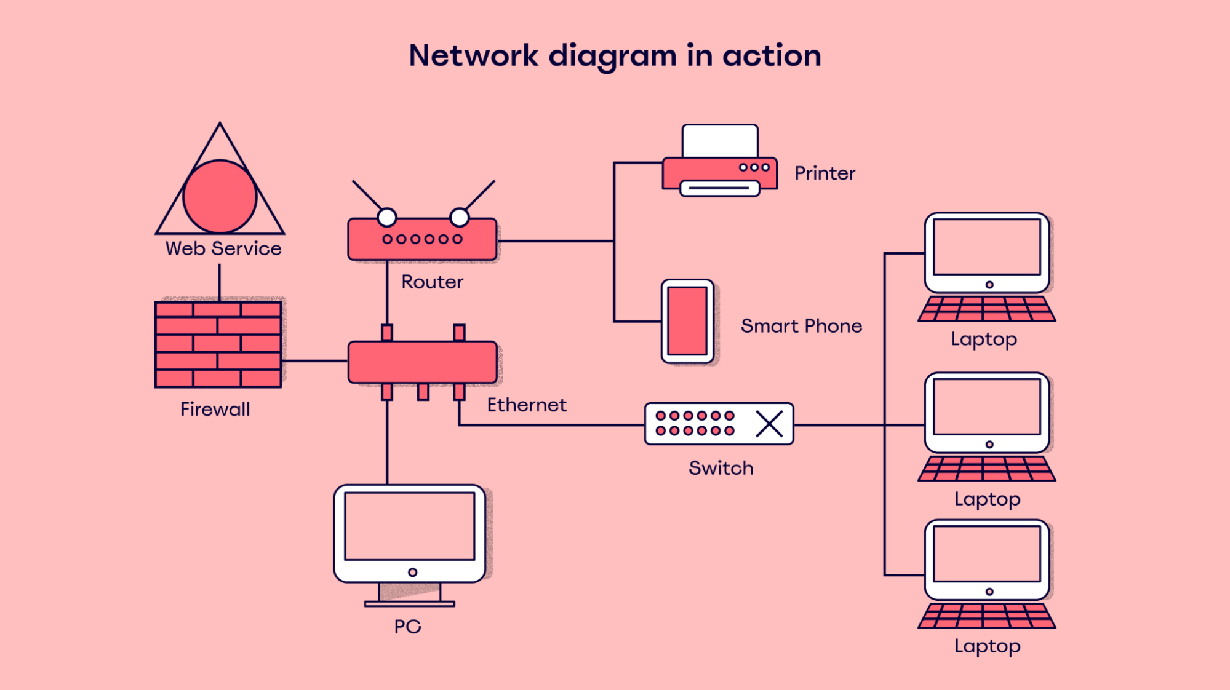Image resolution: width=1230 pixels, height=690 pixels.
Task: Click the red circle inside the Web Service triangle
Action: [x=220, y=196]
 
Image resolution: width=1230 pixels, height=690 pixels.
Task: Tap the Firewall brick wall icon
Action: [x=218, y=344]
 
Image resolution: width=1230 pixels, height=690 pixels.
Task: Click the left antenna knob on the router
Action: [x=387, y=217]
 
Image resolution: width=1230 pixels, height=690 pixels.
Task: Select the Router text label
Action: [x=432, y=282]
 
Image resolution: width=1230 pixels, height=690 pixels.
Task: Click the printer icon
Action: [x=720, y=161]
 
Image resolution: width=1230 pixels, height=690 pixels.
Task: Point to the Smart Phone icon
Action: [x=687, y=321]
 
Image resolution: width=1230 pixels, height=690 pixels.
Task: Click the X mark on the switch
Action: [x=769, y=424]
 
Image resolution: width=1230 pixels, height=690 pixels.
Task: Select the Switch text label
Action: [x=721, y=468]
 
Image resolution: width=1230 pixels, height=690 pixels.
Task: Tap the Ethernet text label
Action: [x=527, y=405]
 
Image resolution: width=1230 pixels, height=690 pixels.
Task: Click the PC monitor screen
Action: [x=410, y=526]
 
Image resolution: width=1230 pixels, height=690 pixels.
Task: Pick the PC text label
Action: [x=407, y=627]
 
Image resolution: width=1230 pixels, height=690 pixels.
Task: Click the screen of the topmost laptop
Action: [x=987, y=247]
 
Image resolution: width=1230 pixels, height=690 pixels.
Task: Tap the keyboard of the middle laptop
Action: [x=987, y=469]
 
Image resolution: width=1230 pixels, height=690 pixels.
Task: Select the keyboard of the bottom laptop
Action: [x=987, y=616]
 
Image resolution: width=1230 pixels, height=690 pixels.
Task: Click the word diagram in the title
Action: [x=612, y=56]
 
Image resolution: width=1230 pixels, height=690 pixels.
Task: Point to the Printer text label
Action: [x=825, y=173]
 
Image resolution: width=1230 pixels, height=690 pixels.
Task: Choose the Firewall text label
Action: [x=215, y=410]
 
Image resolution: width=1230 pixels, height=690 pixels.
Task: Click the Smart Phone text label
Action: [x=801, y=326]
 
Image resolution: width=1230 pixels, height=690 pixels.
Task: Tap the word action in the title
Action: [x=772, y=56]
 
